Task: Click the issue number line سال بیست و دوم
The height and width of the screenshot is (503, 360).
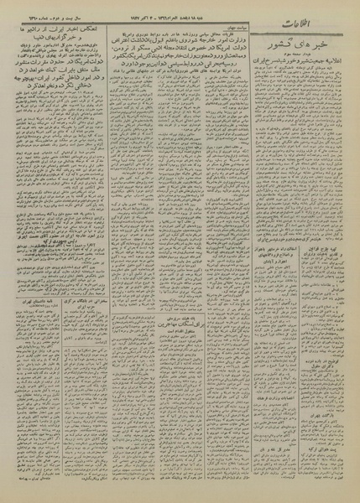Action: click(50, 17)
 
